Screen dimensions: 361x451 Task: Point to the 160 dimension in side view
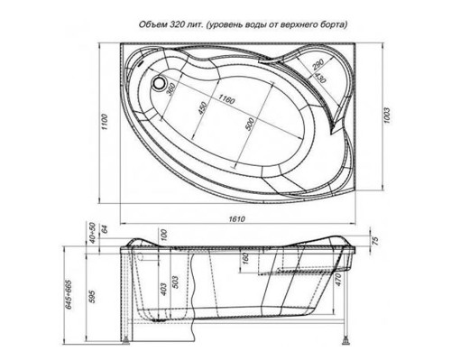click(245, 261)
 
